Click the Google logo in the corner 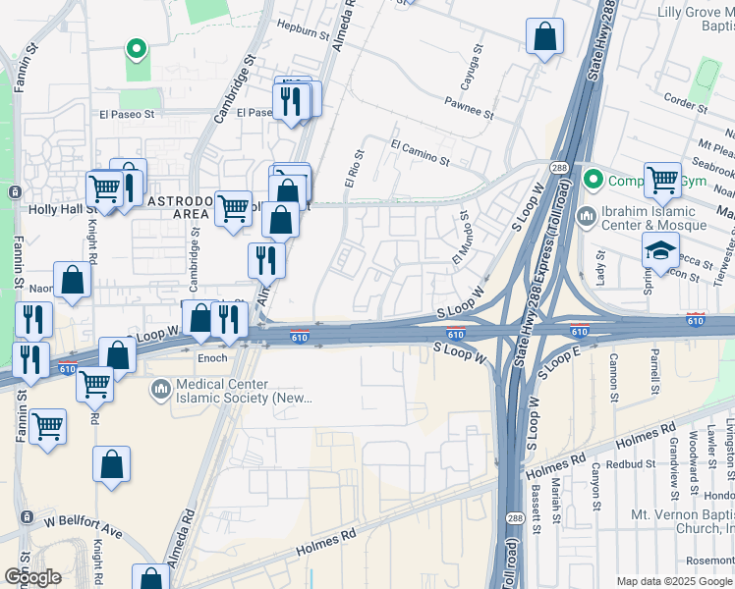[x=31, y=576]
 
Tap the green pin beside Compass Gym [x=593, y=180]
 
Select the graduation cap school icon [x=661, y=250]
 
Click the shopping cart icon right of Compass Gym [x=663, y=181]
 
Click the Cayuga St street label [x=480, y=61]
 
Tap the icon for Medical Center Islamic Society [x=159, y=391]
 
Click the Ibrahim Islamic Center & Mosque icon [x=587, y=214]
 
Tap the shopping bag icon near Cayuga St [x=544, y=38]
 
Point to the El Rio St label [x=355, y=168]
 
